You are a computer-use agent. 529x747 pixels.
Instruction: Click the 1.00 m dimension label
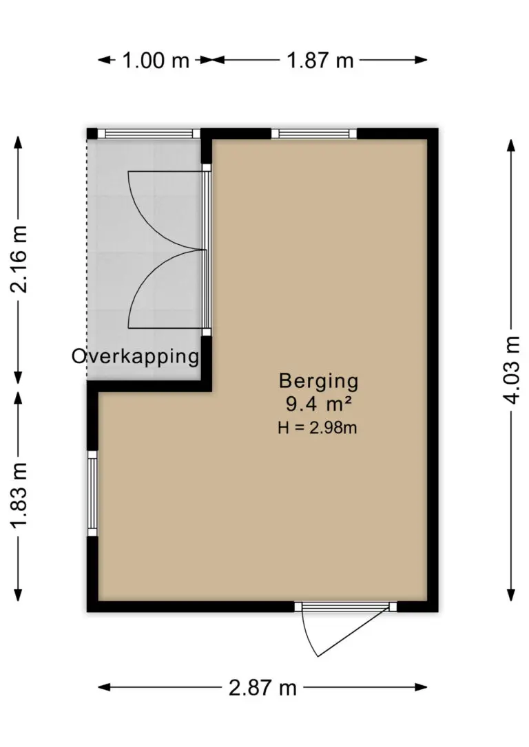156,61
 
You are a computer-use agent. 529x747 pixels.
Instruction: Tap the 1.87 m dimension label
320,61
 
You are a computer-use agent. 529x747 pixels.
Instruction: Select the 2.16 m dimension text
19,259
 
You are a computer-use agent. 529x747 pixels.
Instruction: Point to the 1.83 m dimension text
19,495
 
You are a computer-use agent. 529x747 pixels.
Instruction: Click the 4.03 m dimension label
511,370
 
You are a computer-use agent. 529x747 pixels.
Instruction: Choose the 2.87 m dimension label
263,688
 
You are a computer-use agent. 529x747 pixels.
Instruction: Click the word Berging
318,381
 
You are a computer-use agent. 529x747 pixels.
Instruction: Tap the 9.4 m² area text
319,404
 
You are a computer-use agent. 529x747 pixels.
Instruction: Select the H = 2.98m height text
318,427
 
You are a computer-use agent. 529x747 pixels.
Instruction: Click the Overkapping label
135,356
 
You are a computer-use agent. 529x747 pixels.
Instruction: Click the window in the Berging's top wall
314,133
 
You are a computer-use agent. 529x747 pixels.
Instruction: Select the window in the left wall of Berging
92,493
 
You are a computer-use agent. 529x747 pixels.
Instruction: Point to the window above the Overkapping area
148,133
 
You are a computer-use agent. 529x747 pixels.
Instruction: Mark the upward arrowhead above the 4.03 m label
511,145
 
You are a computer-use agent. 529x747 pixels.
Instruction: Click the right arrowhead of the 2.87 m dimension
421,687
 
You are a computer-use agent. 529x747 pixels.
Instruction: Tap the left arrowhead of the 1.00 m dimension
105,60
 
